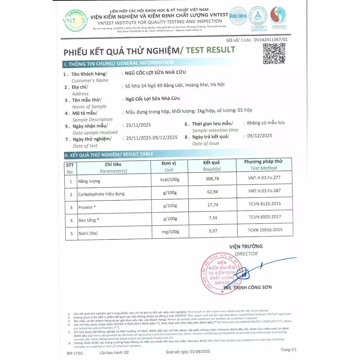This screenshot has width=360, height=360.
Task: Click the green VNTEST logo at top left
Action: click(75, 20)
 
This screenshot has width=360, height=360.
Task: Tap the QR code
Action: click(274, 53)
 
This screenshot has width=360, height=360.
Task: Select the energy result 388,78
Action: click(212, 179)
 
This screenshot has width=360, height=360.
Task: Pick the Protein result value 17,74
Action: click(212, 205)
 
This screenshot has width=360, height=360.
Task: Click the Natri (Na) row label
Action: click(88, 233)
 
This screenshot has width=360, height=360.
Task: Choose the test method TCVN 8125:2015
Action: click(264, 204)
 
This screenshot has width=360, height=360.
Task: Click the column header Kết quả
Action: click(211, 162)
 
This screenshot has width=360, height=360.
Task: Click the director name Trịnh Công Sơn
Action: click(250, 287)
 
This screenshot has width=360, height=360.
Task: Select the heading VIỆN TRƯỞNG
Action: click(246, 246)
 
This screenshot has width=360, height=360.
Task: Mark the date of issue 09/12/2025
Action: click(259, 136)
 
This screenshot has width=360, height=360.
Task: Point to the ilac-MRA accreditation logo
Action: click(238, 16)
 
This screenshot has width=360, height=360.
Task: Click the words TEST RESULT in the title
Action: click(210, 50)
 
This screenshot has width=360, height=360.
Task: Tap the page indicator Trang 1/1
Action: click(289, 349)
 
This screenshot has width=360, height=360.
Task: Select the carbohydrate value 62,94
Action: click(212, 192)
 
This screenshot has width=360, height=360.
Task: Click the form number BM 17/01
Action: click(75, 352)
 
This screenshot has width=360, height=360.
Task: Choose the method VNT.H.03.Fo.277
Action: click(264, 178)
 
